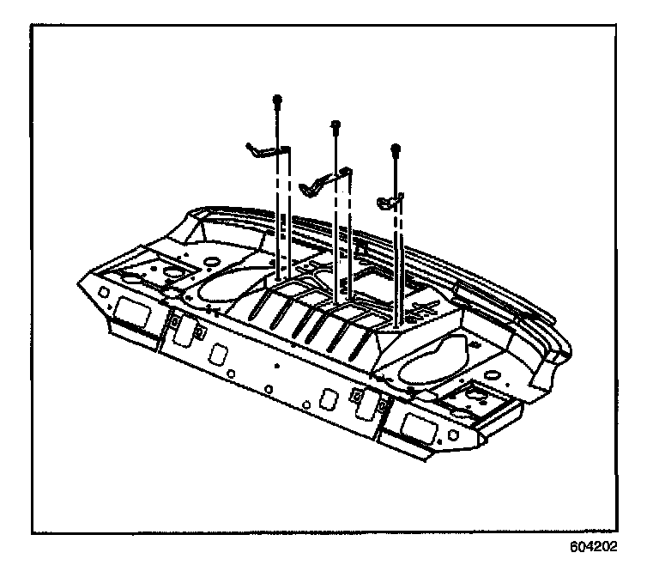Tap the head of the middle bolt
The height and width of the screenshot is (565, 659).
tap(335, 125)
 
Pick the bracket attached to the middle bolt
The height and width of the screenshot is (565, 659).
tap(327, 179)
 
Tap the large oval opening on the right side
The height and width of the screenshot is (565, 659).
tap(433, 358)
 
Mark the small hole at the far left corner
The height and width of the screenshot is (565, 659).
tap(103, 290)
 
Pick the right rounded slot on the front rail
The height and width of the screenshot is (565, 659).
tap(328, 399)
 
